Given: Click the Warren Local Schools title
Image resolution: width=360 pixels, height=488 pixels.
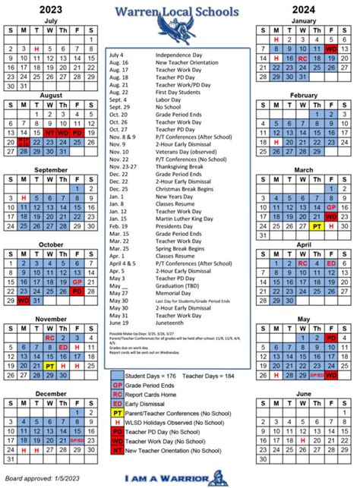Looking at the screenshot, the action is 181,11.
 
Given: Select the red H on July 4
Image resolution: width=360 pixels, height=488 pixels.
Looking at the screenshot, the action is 36,49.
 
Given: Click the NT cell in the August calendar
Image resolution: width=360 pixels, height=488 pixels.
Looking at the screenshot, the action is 50,131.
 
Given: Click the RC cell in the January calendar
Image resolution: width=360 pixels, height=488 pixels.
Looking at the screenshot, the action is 303,58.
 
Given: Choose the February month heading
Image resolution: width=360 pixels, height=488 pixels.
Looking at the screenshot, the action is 303,95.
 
